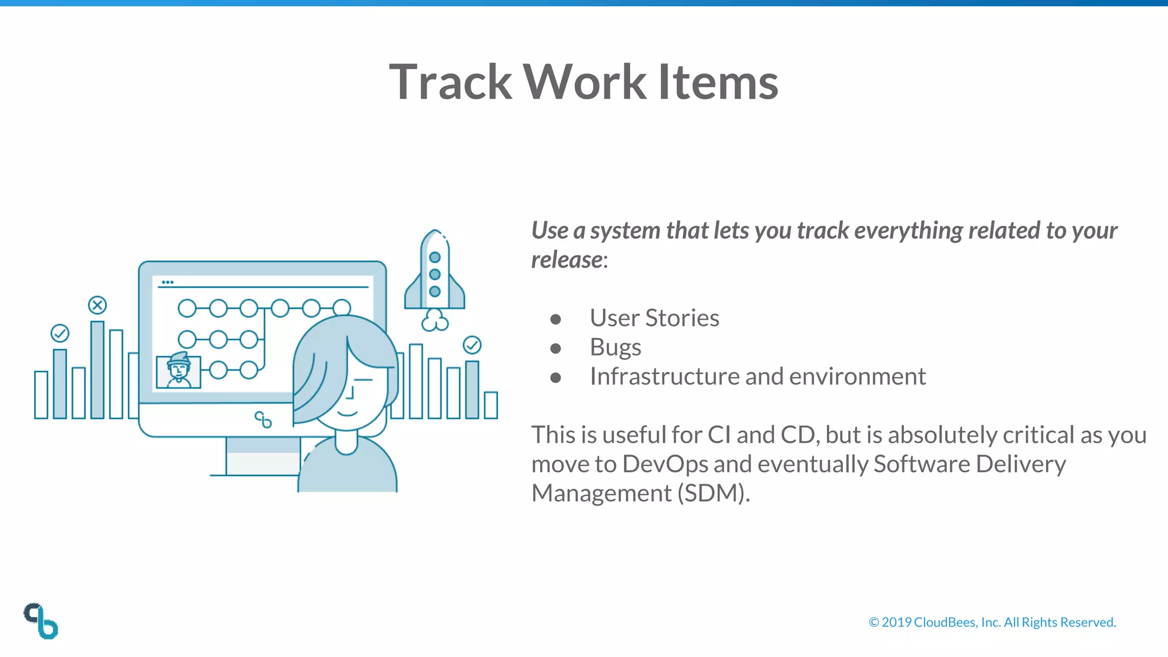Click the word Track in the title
coord(451,82)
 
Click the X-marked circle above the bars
coord(98,305)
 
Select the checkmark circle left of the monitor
coord(60,333)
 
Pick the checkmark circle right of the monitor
coord(472,345)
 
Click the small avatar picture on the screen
coord(179,371)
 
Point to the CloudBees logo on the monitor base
coord(263,420)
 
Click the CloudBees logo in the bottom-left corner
coord(41,621)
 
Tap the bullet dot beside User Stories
coord(555,319)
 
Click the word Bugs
coord(615,347)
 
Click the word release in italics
coord(566,260)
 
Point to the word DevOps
coord(665,464)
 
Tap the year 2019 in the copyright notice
coord(897,622)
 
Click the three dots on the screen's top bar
coord(167,282)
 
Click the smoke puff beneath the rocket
coord(435,321)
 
